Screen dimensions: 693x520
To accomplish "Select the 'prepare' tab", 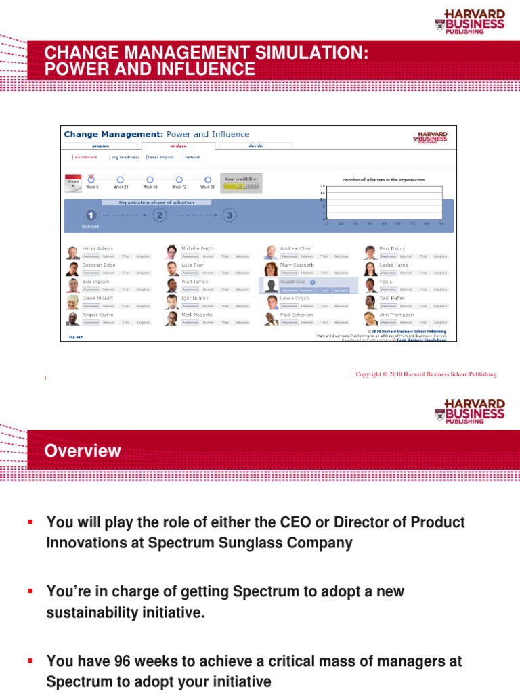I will [100, 146].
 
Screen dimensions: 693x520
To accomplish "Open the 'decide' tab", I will [255, 146].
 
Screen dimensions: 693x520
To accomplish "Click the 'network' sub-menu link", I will [192, 157].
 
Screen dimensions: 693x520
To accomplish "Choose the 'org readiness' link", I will [125, 157].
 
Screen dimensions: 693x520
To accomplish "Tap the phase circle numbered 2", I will [159, 215].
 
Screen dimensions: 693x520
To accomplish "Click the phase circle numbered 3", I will [230, 215].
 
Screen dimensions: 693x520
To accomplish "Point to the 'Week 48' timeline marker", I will [150, 179].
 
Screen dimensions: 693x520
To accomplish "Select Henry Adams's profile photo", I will [72, 252].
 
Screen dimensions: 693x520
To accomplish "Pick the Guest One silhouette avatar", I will [271, 286].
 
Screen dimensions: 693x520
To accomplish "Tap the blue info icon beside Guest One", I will [312, 282].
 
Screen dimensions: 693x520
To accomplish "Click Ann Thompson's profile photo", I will [370, 319].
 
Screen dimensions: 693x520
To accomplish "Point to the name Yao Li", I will [387, 282].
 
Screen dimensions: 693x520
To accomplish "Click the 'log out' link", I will [75, 336].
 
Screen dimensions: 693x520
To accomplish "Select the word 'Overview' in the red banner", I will [83, 451].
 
